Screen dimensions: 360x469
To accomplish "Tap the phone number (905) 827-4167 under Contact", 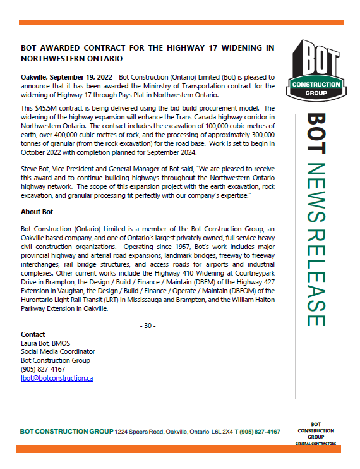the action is tap(42, 368).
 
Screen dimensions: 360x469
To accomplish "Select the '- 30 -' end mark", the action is tap(147, 326).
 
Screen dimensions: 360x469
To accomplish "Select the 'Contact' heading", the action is tap(33, 334).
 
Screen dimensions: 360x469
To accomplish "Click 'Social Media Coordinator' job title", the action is tap(57, 351).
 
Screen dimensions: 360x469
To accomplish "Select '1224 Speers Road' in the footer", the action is tap(138, 432).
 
